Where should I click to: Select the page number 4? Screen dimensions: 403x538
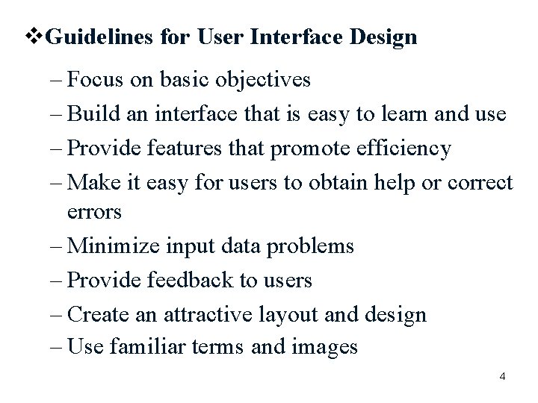pyautogui.click(x=502, y=376)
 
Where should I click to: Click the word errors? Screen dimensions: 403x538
pyautogui.click(x=94, y=212)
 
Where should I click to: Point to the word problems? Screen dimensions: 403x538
pyautogui.click(x=312, y=246)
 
